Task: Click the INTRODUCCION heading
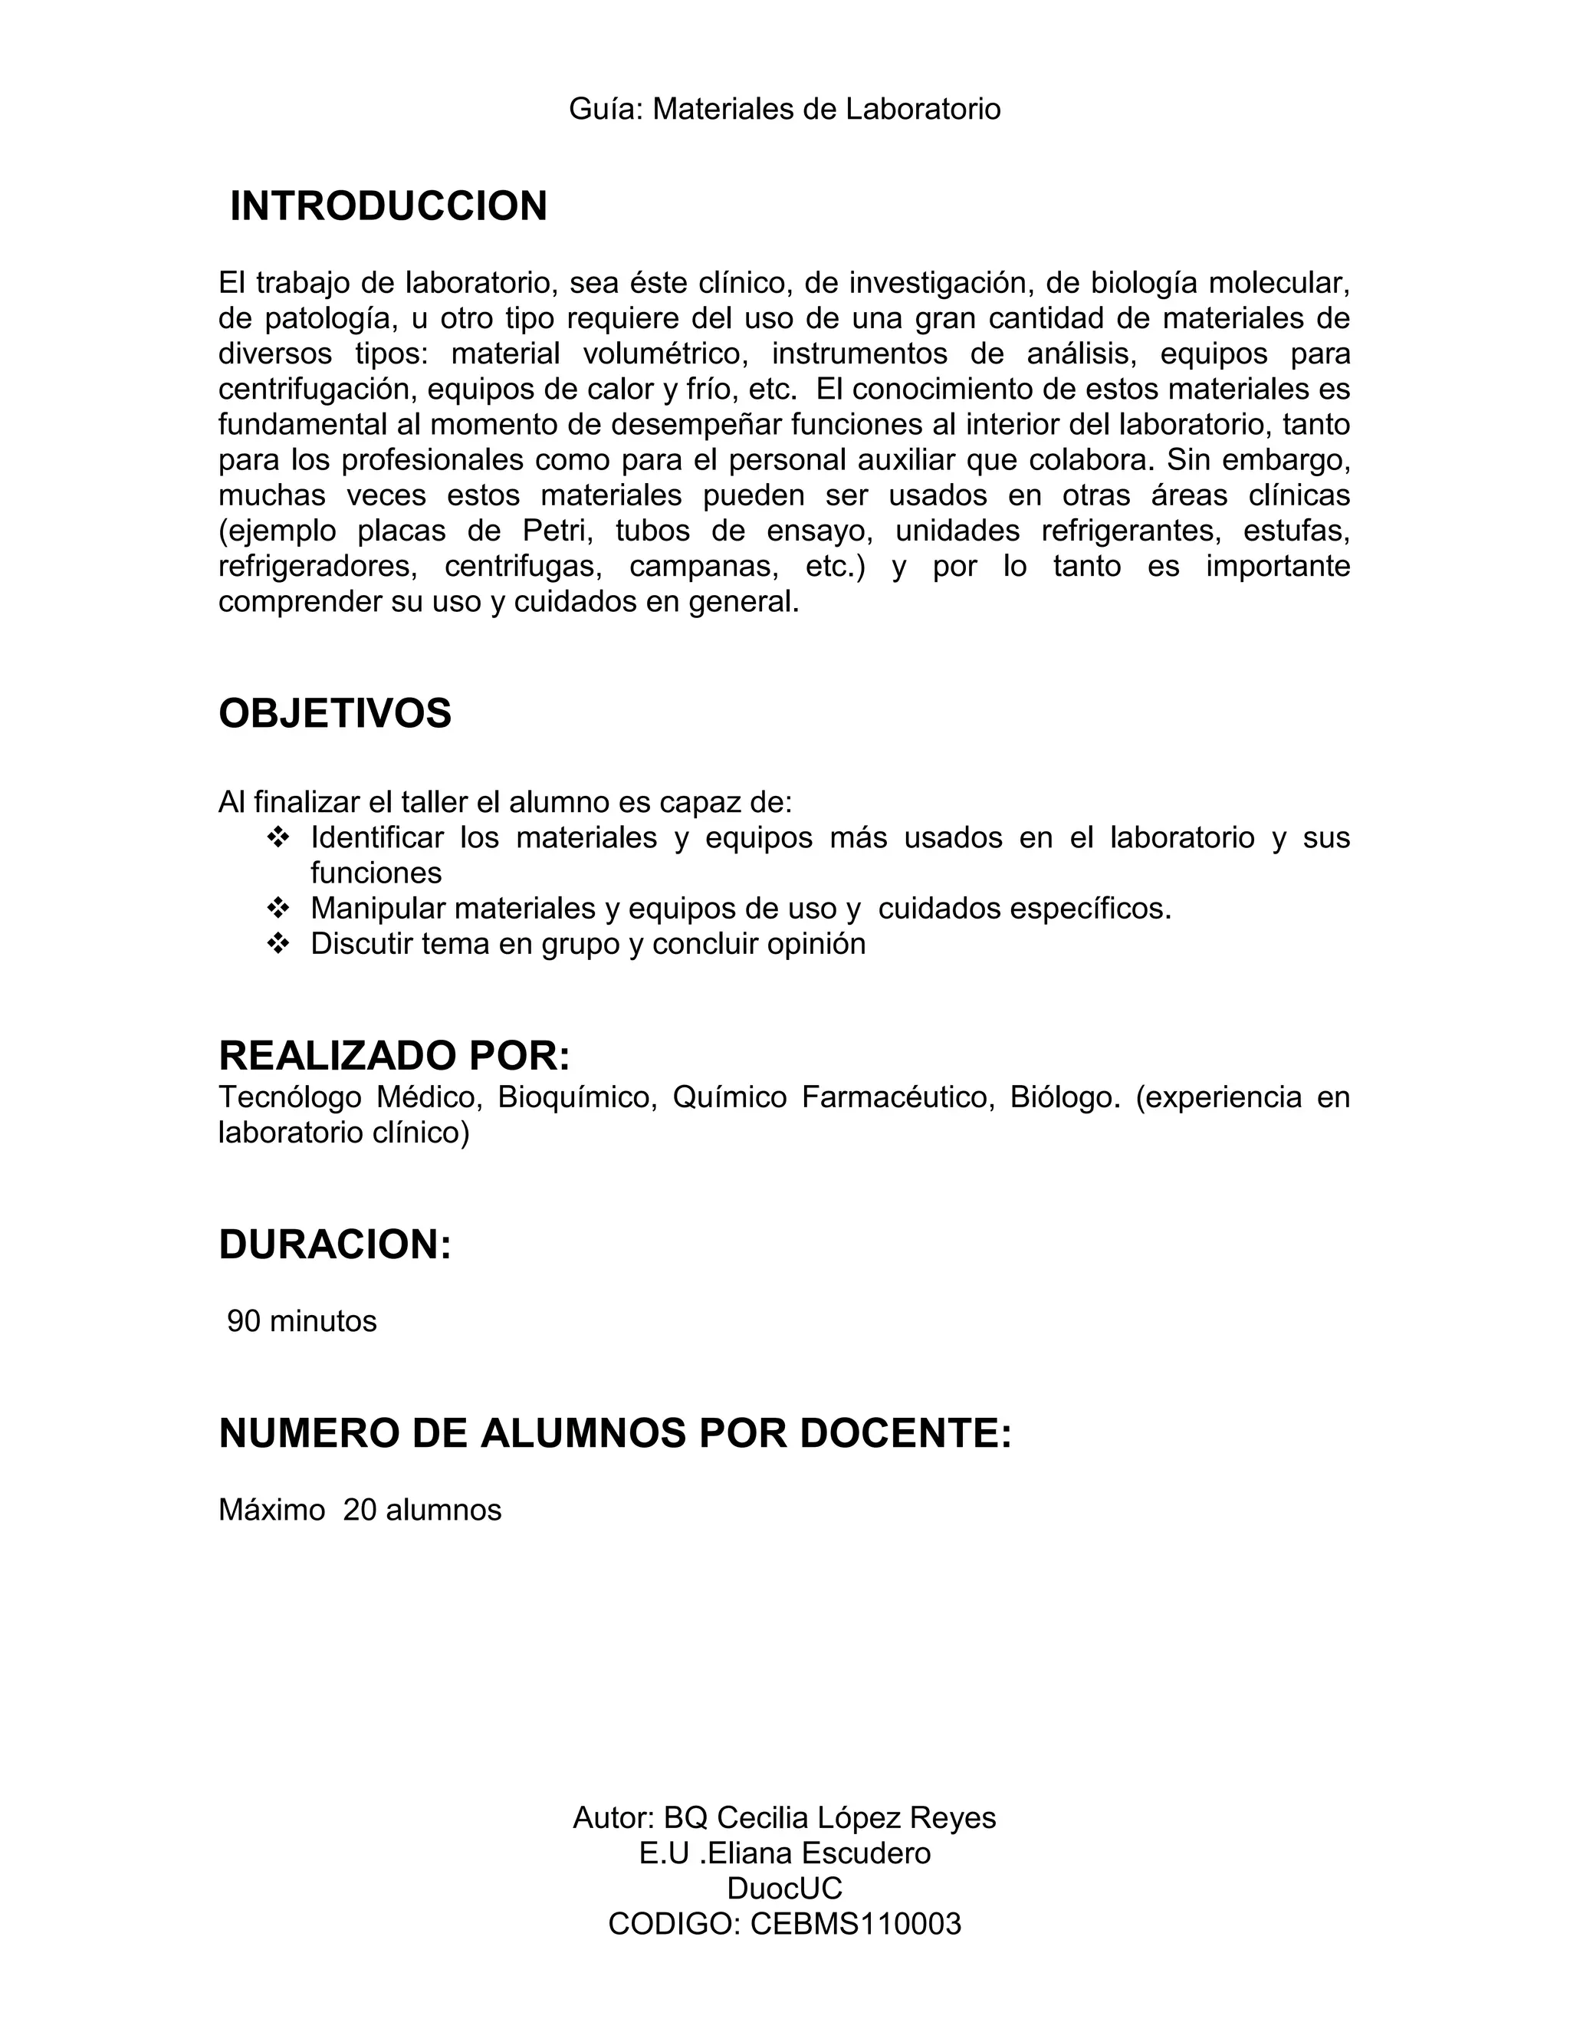coord(388,206)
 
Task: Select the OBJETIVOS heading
coord(335,714)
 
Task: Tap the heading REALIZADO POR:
coord(393,1055)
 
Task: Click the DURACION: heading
coord(335,1244)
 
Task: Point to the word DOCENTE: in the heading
coord(905,1433)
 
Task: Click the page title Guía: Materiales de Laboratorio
coord(784,109)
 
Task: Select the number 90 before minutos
coord(244,1321)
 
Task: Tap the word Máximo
coord(271,1509)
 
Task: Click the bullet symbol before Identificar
coord(278,837)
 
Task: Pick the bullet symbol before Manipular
coord(278,908)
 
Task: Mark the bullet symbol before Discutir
coord(278,943)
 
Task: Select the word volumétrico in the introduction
coord(665,353)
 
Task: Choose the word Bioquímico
coord(574,1097)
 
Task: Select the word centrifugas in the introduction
coord(524,566)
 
